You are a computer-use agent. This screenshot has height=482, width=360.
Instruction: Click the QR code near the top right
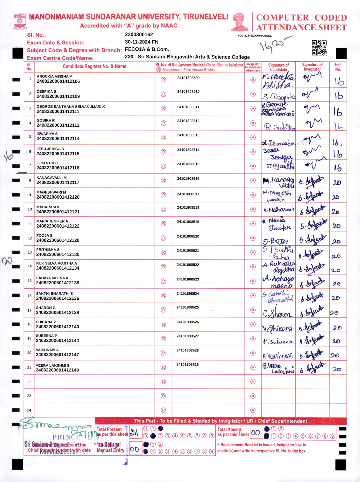pos(319,48)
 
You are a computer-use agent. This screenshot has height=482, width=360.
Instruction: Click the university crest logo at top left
pos(20,21)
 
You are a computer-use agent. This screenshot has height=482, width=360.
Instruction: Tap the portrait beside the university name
pos(239,22)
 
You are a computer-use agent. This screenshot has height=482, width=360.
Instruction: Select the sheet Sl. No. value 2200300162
pos(139,34)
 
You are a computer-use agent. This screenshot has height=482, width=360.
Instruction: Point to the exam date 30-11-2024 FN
pos(141,42)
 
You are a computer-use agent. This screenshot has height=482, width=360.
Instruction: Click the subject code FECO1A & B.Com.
pos(147,49)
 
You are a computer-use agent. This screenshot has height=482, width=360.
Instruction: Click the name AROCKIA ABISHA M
pos(54,76)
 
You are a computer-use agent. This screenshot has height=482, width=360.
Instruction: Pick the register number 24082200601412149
pos(57,370)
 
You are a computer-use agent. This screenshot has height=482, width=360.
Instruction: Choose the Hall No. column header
pos(338,67)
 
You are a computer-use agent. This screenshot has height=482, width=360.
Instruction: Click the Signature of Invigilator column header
pos(312,67)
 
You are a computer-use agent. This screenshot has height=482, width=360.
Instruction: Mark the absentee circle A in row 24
pos(253,410)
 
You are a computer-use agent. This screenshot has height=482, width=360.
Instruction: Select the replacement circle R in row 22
pos(163,382)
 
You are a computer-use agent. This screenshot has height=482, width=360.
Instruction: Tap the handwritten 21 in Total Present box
pos(134,433)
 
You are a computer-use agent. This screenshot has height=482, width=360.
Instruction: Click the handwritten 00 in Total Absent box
pos(255,433)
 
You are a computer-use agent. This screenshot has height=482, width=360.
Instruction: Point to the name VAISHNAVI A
pos(47,350)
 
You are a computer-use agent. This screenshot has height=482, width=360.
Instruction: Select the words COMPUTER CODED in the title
pos(301,18)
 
